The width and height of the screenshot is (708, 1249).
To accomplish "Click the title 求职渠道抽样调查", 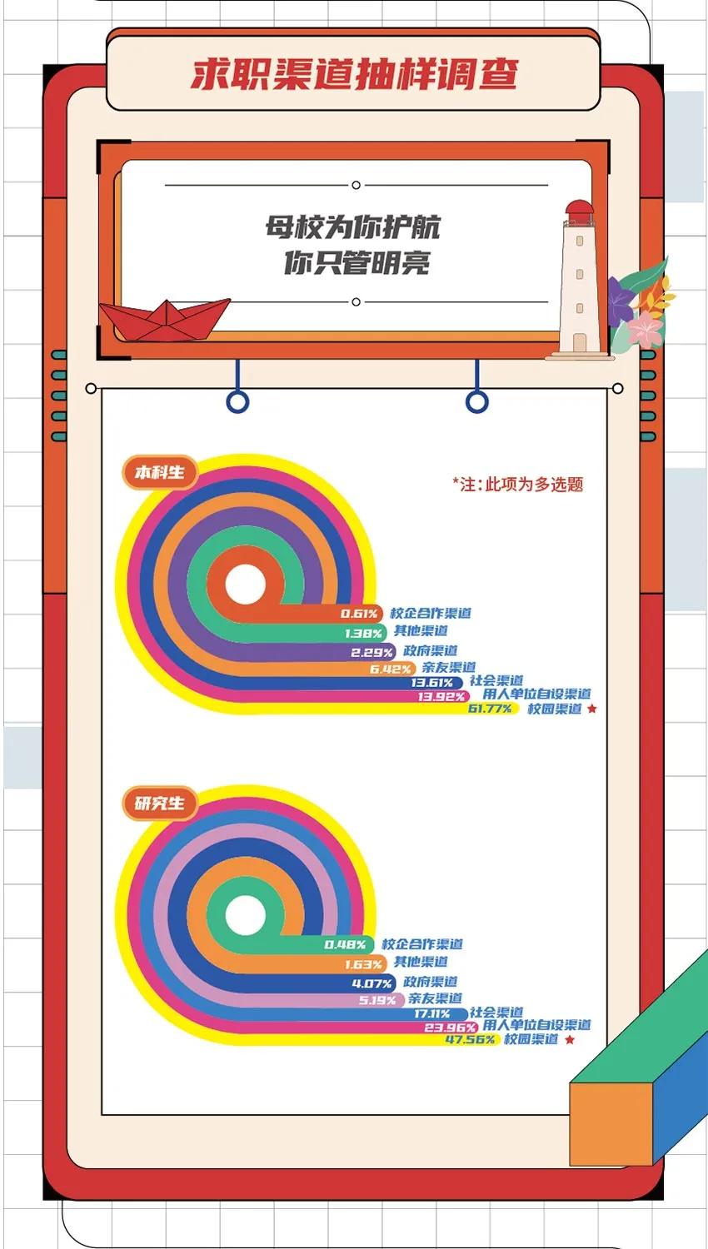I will click(x=354, y=73).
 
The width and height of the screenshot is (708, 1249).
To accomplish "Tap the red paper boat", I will click(x=164, y=319).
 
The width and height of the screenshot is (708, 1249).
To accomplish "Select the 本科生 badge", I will click(x=160, y=473).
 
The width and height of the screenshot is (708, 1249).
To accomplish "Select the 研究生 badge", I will click(x=160, y=804).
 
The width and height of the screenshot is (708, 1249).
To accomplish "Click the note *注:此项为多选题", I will click(x=517, y=484).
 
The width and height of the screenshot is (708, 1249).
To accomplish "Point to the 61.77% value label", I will click(x=490, y=709).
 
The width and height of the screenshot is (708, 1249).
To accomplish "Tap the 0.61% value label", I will click(x=359, y=614).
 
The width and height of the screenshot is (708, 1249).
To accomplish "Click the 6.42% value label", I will click(x=391, y=669).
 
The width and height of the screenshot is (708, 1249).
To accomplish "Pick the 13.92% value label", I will click(x=441, y=696).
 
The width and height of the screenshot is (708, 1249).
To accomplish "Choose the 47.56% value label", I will click(x=470, y=1039).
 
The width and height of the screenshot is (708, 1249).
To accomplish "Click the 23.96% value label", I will click(x=450, y=1028).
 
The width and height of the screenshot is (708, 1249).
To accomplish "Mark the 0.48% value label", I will click(x=345, y=944).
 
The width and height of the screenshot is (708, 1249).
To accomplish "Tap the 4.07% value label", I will click(x=371, y=983).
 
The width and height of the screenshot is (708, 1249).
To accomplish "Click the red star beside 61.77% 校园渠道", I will click(x=592, y=709).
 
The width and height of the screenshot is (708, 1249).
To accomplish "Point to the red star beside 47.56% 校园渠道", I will click(x=570, y=1039).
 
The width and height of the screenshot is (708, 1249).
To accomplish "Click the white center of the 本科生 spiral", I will click(x=244, y=585).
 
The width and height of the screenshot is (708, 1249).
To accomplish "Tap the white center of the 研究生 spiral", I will click(x=245, y=916).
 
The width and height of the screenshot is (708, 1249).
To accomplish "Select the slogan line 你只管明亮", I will click(x=356, y=262).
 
